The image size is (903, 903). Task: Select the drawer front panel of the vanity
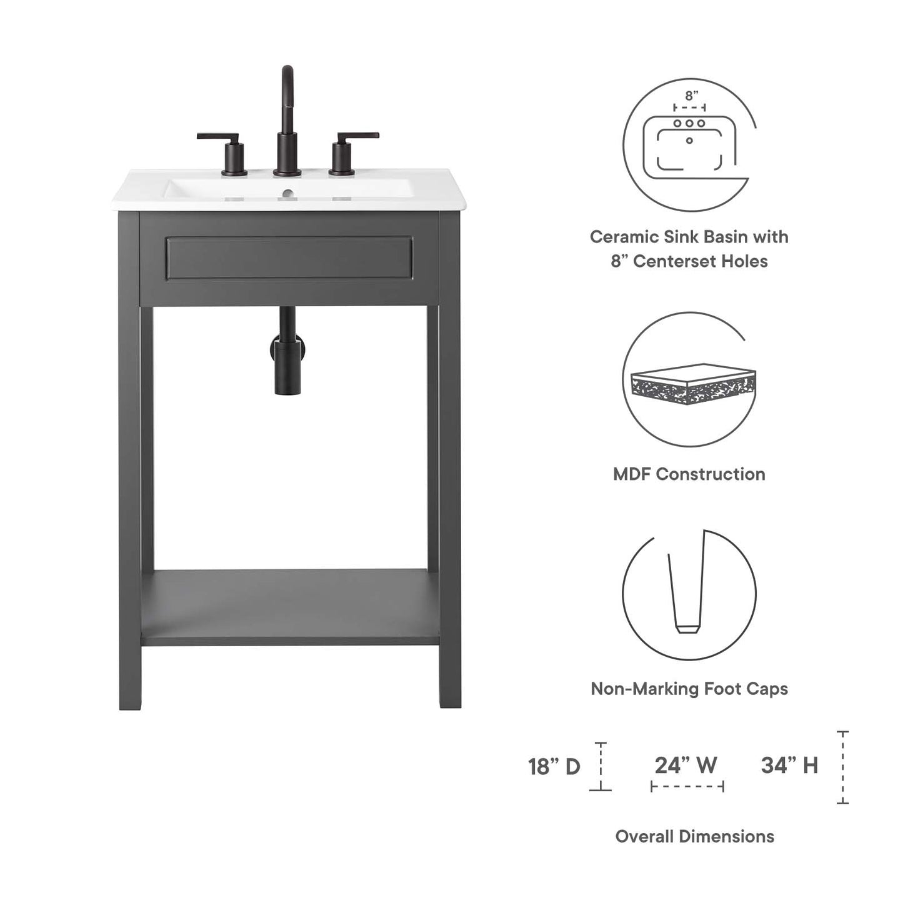[289, 257]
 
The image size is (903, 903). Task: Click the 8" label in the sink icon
[691, 96]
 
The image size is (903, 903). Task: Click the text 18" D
[554, 767]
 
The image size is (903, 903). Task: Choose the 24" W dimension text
[686, 765]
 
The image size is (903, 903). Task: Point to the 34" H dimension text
[789, 765]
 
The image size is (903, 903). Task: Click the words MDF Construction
[689, 474]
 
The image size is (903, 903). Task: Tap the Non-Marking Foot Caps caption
[689, 689]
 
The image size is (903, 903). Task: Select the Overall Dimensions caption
[694, 836]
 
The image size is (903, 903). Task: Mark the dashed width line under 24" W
[687, 786]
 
